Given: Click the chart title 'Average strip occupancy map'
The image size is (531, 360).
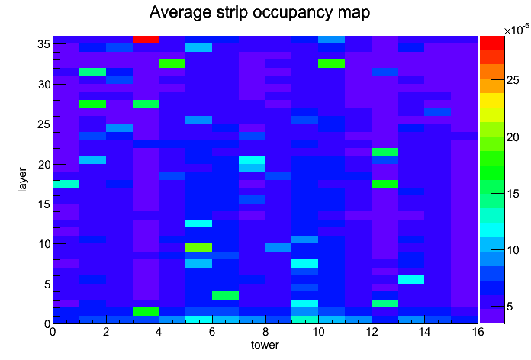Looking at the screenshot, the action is tap(259, 13).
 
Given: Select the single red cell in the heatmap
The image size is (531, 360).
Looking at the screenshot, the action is tap(146, 40).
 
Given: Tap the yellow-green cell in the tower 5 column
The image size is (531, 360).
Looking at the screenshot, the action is tap(199, 247).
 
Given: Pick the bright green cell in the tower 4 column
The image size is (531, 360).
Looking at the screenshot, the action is tap(172, 63).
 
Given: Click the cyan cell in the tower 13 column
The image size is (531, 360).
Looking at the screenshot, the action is tap(411, 279).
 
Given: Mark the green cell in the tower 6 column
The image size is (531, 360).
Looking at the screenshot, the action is tap(225, 295).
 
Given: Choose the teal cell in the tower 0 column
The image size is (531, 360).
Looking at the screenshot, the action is tap(66, 184).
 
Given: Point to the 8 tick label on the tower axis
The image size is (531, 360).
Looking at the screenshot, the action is tap(265, 332).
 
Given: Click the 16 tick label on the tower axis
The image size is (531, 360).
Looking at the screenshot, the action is tap(478, 332).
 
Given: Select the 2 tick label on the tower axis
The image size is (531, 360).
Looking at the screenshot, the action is tap(106, 332).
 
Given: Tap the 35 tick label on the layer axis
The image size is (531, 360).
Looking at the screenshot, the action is tap(44, 44).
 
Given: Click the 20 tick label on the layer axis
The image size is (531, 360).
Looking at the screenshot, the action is tap(44, 165).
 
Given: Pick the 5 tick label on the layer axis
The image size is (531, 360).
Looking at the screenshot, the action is tap(48, 284).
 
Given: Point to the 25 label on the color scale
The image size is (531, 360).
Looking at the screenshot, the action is tap(513, 80).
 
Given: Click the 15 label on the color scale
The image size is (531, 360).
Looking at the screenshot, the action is tap(513, 194).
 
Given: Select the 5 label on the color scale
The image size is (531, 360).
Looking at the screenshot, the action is tap(510, 307).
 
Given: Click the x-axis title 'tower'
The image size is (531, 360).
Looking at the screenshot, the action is tap(265, 345).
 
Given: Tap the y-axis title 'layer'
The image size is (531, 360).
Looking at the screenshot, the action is tap(22, 179).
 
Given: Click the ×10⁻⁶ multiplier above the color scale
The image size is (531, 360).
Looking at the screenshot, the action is tap(517, 31).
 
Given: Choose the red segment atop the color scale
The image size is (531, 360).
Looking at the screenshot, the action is tap(492, 43).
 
